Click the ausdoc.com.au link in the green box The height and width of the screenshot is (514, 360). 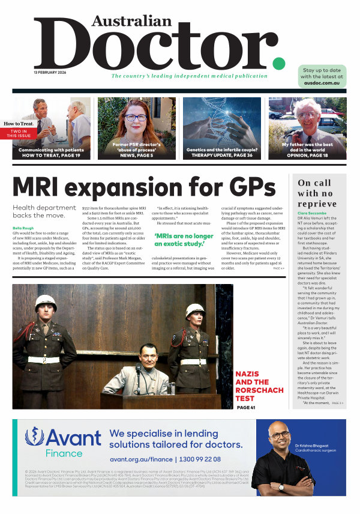coord(322,83)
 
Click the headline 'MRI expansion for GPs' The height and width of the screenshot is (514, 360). coord(144,187)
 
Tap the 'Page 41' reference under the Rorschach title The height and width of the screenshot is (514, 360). coord(246,408)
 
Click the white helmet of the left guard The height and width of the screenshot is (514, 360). coord(46,303)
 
